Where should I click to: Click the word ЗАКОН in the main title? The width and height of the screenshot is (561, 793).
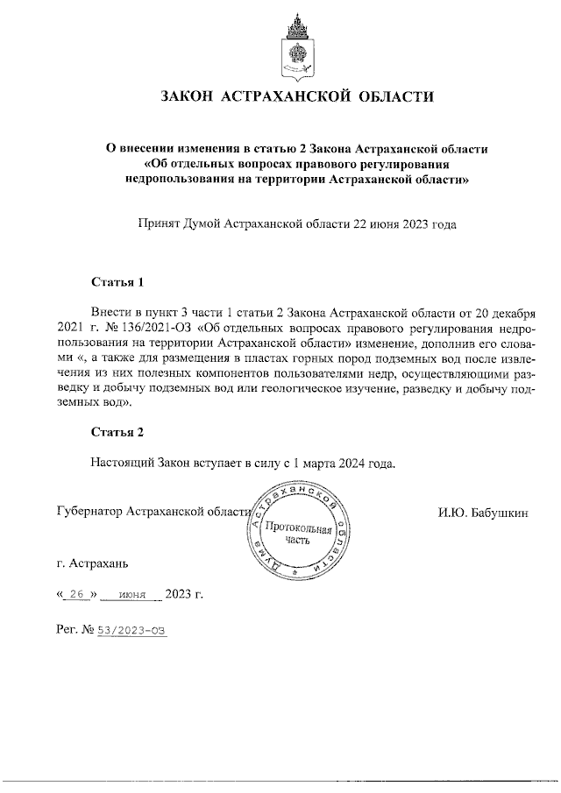(188, 96)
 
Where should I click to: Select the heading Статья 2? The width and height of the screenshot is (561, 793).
(117, 432)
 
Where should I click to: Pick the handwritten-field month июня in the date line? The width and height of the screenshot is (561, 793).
(131, 595)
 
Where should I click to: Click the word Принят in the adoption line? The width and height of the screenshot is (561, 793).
(157, 224)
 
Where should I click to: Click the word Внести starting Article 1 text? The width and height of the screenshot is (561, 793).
(111, 312)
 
